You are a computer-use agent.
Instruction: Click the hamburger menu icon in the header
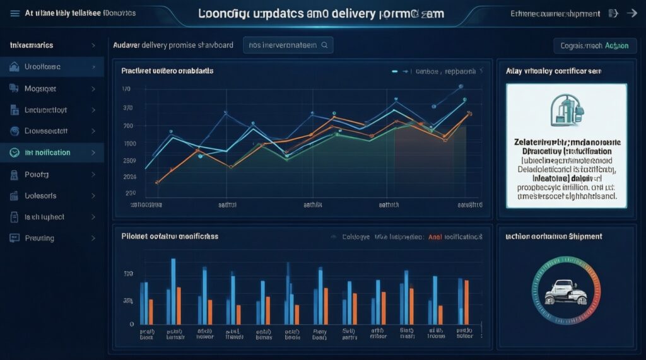point(15,13)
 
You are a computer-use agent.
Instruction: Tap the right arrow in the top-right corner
point(630,13)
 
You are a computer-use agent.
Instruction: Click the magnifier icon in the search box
point(324,45)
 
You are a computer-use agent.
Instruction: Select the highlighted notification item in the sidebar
point(47,153)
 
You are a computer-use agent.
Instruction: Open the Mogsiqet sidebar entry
point(40,89)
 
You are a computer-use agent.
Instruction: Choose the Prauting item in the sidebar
point(39,238)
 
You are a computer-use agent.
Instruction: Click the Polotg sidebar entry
point(37,174)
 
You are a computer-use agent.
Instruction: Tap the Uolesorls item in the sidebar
point(40,195)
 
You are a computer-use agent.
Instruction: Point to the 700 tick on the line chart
point(128,126)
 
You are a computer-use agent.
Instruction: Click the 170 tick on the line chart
point(127,90)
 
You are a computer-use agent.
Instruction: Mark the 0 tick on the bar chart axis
point(132,323)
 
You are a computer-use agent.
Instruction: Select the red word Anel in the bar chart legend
point(435,237)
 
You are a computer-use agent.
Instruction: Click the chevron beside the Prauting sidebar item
point(93,238)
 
